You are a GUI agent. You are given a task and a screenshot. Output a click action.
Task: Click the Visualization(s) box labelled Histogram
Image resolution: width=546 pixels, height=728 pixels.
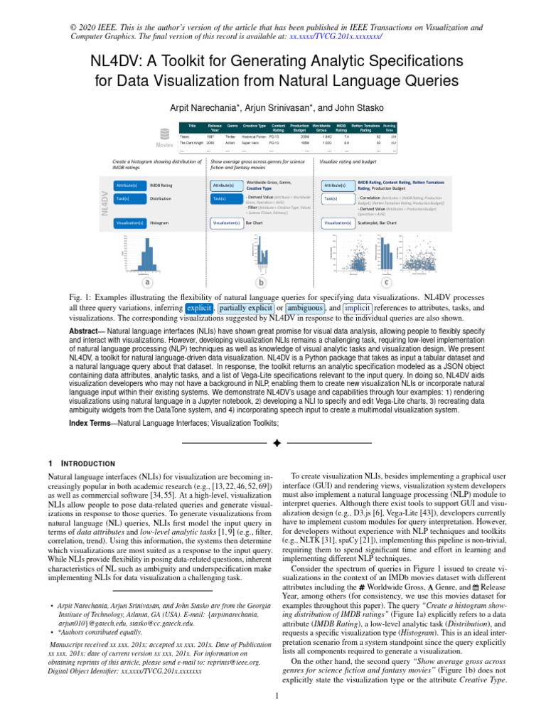(x=128, y=223)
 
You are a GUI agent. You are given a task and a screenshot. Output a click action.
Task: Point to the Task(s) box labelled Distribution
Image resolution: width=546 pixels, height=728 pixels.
(x=128, y=199)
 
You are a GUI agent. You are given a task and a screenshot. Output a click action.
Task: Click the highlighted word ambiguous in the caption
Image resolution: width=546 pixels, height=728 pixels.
(x=306, y=309)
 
